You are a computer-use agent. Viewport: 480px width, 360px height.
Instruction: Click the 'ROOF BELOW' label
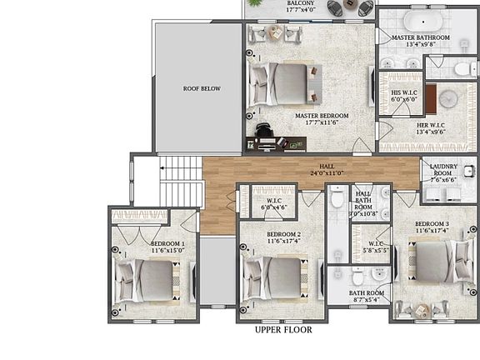pos(202,88)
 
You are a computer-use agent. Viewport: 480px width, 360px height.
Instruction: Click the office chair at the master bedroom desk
pos(263,131)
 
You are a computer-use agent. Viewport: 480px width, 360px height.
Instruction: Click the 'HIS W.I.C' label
pos(403,95)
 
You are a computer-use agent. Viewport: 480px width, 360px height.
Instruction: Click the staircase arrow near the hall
pos(169,177)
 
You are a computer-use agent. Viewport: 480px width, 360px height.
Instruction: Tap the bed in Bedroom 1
pos(151,280)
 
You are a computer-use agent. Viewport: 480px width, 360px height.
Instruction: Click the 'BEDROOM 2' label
pos(283,237)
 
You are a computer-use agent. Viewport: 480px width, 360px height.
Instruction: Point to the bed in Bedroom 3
pos(437,262)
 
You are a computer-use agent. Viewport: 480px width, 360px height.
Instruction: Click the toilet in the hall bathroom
pos(337,198)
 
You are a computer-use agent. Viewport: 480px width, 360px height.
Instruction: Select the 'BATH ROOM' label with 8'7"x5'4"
pos(366,296)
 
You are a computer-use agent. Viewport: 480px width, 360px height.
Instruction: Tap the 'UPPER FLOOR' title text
pos(283,330)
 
